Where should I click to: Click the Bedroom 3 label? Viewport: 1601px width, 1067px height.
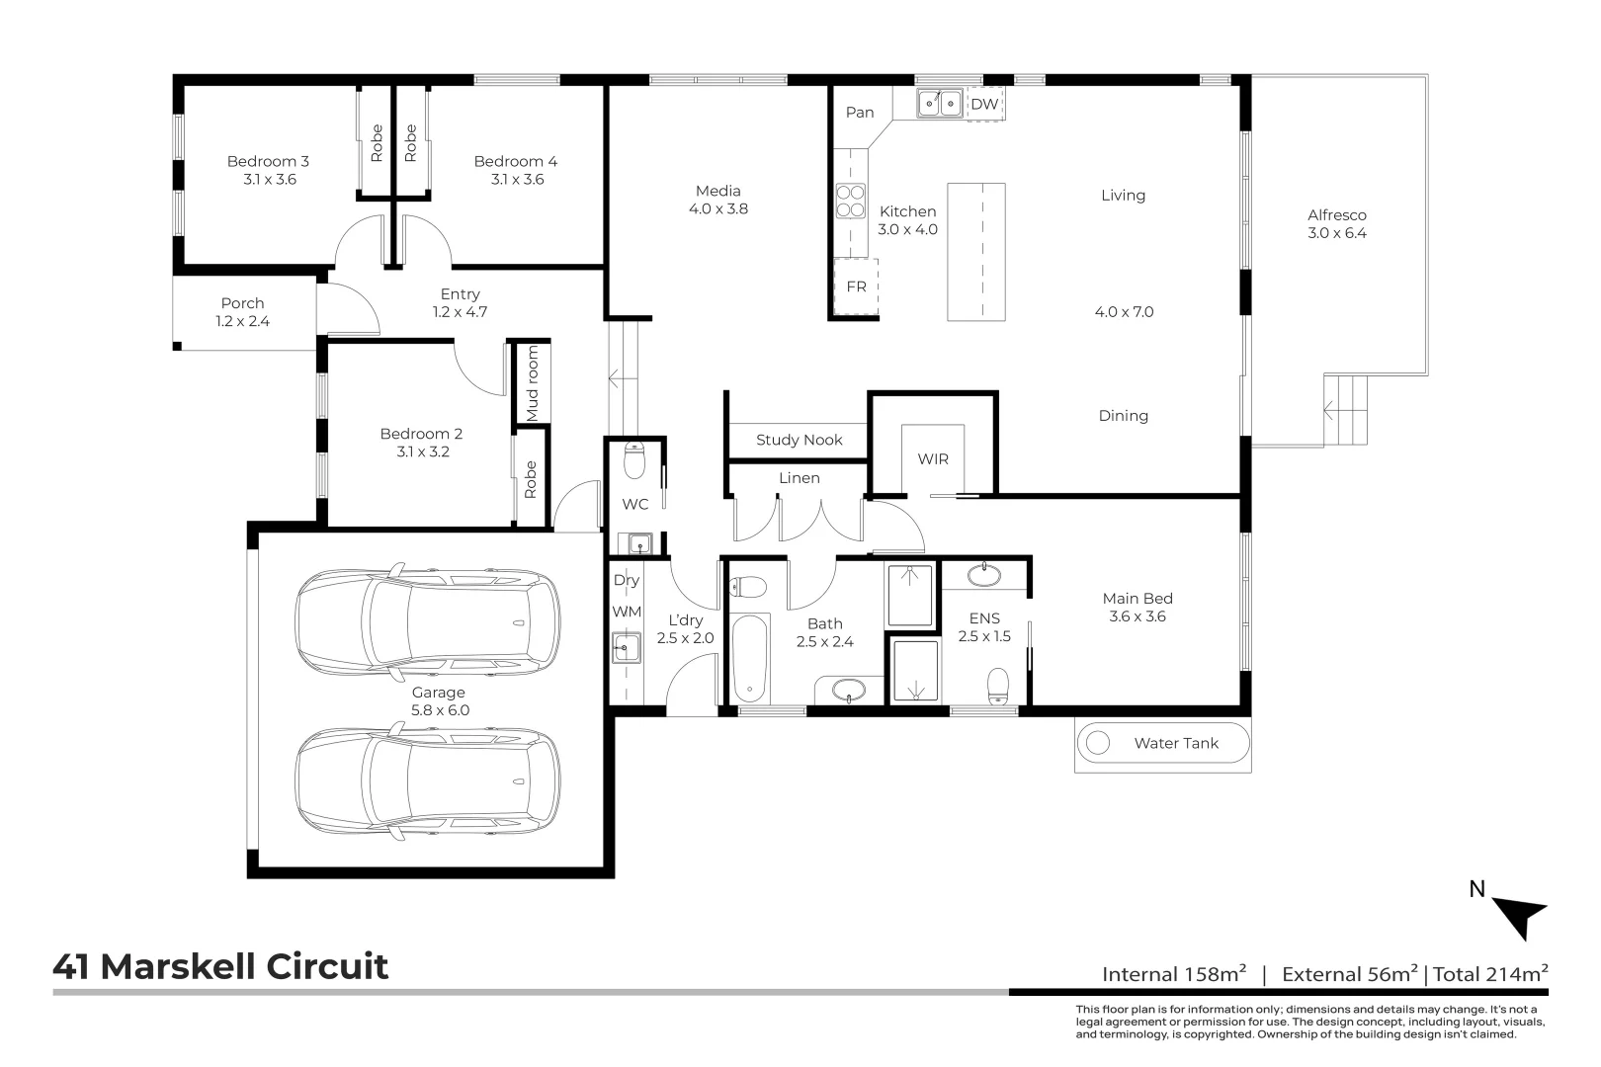coord(268,161)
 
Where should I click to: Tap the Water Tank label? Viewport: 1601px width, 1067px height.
coord(1176,743)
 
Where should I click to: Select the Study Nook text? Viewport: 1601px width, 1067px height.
coord(800,440)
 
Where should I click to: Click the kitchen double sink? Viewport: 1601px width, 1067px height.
coord(940,104)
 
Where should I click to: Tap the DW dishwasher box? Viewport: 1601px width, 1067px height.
coord(985,105)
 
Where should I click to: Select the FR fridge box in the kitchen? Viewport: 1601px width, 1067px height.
coord(856,287)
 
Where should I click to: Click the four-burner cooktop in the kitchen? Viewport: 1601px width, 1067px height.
coord(851,201)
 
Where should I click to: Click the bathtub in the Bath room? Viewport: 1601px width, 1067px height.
coord(750,659)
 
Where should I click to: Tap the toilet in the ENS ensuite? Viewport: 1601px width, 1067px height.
coord(998,686)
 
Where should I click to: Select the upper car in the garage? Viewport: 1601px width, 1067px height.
coord(427,621)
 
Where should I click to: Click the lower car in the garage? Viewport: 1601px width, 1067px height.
coord(427,781)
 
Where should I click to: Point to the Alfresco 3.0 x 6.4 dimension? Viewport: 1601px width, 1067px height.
coord(1336,233)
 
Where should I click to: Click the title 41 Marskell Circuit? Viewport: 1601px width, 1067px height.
coord(220,966)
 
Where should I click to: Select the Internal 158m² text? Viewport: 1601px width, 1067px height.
coord(1174,973)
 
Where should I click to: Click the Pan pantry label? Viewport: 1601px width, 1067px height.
coord(860,113)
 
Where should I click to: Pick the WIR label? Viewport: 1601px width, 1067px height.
coord(933,459)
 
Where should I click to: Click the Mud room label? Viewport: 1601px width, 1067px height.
coord(532,383)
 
